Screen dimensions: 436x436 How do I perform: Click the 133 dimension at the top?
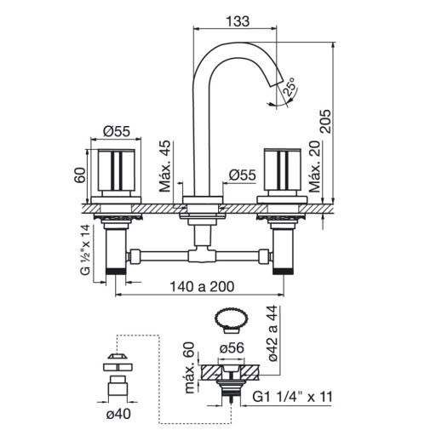tap(238, 21)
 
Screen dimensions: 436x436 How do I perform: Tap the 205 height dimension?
tap(325, 121)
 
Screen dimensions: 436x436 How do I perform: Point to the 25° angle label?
tap(290, 87)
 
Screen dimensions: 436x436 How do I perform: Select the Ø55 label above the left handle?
tap(117, 131)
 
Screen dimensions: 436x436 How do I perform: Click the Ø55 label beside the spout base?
tap(243, 175)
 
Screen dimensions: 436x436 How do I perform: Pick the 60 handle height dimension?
tap(80, 175)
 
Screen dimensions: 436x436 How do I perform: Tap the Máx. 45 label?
tap(165, 166)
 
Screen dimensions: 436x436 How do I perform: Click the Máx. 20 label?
tap(314, 167)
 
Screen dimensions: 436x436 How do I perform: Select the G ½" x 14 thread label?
tap(85, 250)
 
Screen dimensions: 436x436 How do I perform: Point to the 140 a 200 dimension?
tap(202, 287)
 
